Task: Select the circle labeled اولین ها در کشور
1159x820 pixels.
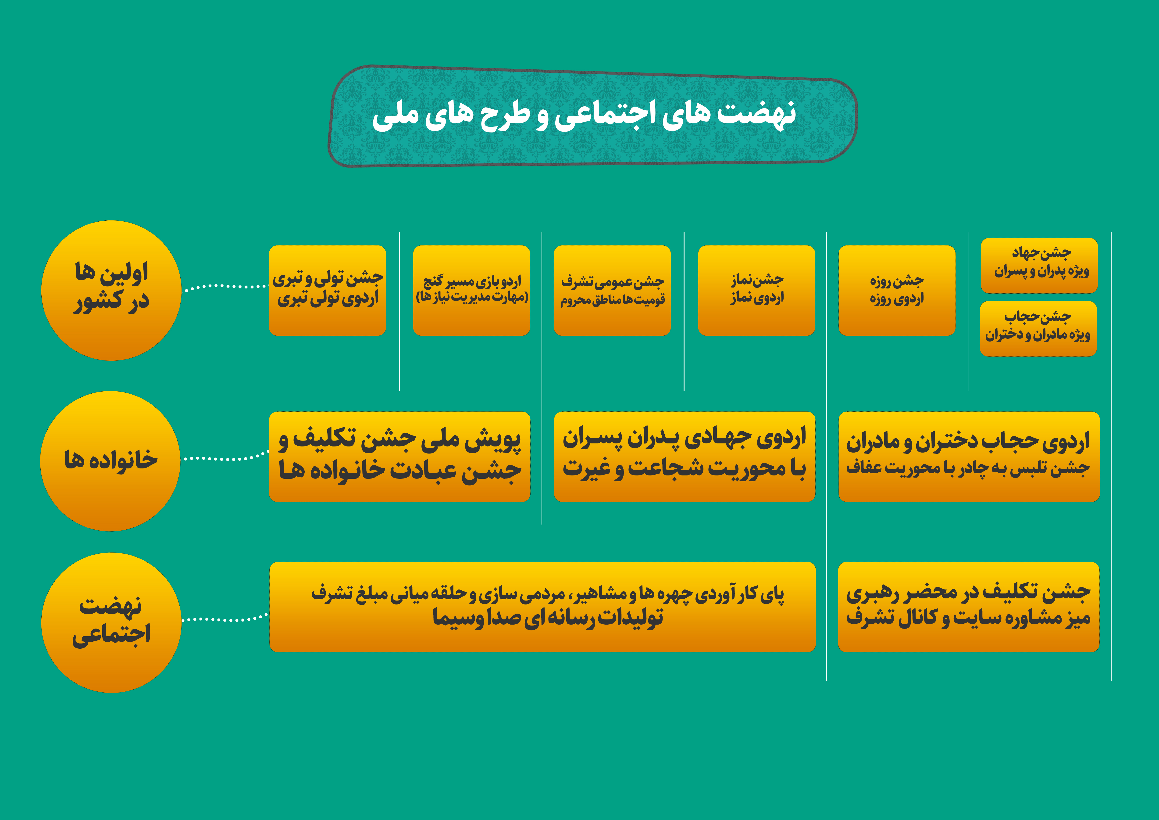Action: [x=111, y=290]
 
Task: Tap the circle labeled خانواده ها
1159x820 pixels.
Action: [x=110, y=461]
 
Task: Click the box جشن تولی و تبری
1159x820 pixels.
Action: [x=328, y=290]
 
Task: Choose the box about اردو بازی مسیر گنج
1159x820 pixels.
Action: [x=471, y=290]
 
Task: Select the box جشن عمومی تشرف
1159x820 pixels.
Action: [x=612, y=290]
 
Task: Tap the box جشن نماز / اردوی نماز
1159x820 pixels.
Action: [x=757, y=290]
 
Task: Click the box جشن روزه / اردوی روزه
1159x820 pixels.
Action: [x=897, y=290]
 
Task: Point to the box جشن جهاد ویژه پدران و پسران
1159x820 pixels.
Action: [x=1039, y=266]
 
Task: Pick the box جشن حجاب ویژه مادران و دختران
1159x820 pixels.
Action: [x=1038, y=329]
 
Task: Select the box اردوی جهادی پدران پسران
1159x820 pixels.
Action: [x=685, y=457]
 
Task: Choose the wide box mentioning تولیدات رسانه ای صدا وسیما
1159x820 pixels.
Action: [x=543, y=607]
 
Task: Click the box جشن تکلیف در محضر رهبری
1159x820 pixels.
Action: [x=969, y=607]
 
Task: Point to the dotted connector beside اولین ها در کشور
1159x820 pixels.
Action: [x=225, y=287]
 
